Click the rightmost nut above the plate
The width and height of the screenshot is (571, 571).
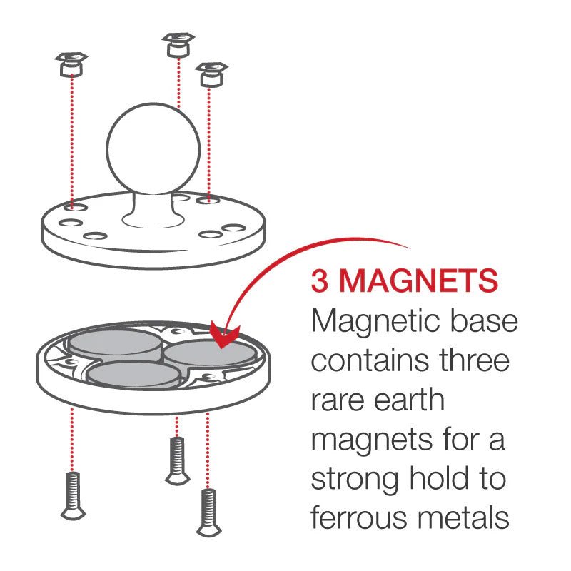pyautogui.click(x=211, y=74)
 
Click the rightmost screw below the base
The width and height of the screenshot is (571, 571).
pyautogui.click(x=208, y=511)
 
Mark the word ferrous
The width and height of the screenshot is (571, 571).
pyautogui.click(x=360, y=518)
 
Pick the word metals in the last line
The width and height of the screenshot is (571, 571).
pyautogui.click(x=465, y=518)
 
